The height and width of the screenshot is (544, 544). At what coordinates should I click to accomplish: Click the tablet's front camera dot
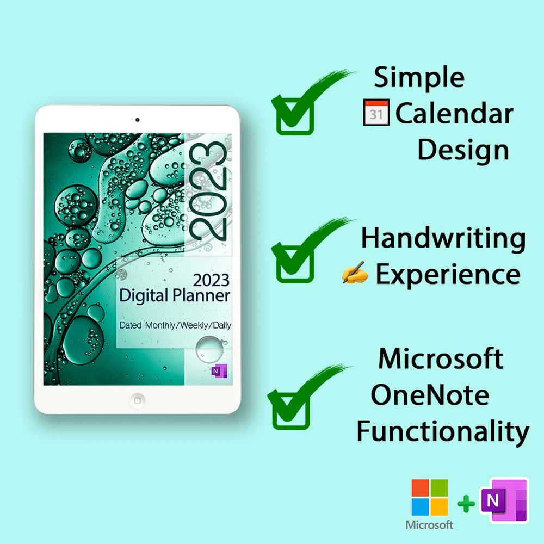coord(137,120)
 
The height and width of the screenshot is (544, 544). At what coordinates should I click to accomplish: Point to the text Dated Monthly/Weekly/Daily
coord(175,325)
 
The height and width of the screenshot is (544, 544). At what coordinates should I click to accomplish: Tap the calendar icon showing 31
coord(376,113)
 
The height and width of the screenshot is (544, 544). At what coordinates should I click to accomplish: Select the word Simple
coord(419,77)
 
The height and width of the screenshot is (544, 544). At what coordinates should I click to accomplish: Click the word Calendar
coord(454,114)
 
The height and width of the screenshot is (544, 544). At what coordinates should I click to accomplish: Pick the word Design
coord(463,150)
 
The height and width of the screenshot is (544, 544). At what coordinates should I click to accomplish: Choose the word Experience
coord(448,274)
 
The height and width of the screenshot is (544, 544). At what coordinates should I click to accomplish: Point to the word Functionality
coord(443,431)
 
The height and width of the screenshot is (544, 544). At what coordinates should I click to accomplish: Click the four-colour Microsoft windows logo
coord(430,497)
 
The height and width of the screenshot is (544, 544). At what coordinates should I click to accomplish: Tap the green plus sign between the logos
coord(466,504)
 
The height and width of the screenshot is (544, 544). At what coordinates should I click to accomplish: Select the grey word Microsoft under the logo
coord(430,526)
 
